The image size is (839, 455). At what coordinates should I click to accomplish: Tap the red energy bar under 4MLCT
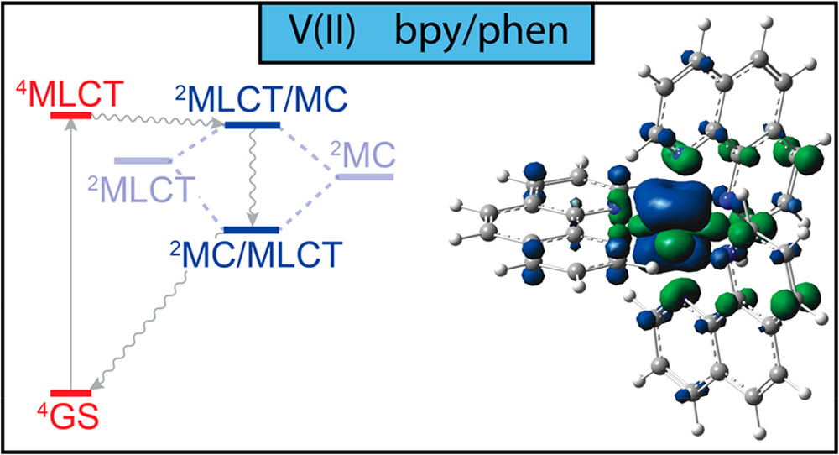(x=70, y=114)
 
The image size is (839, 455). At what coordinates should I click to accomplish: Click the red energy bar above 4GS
(x=70, y=393)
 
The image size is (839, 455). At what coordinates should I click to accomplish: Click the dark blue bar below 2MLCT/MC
(x=253, y=126)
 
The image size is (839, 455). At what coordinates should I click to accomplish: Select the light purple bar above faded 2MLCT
(x=142, y=160)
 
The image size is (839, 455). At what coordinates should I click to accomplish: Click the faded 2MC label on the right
(x=366, y=154)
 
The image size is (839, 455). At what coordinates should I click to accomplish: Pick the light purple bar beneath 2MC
(x=364, y=177)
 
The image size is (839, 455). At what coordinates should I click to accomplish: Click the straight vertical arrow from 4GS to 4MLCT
(x=70, y=252)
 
